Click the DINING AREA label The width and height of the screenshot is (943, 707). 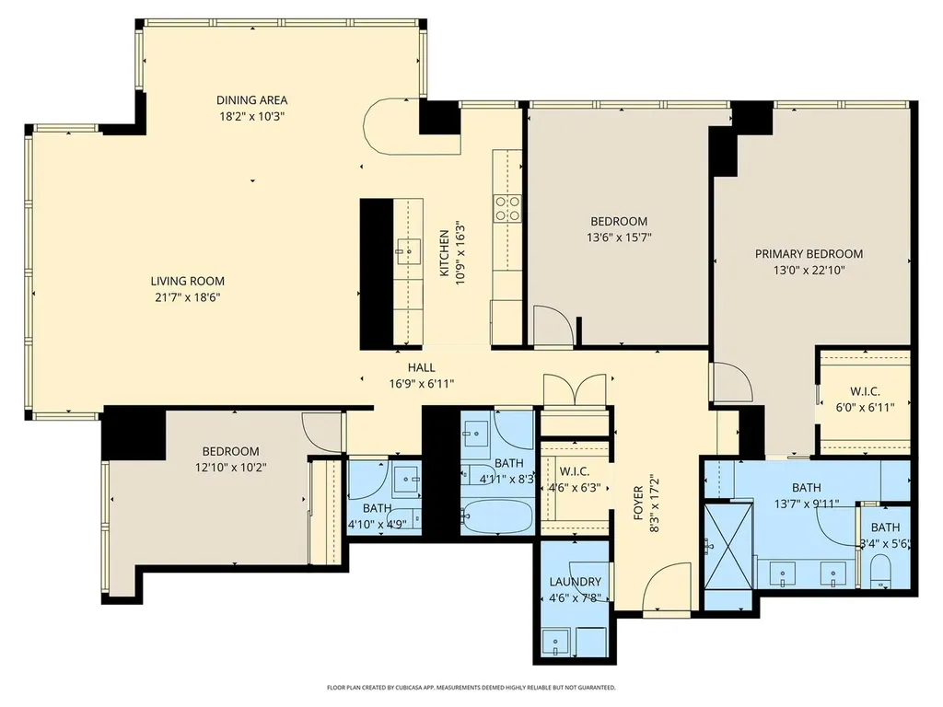tap(251, 99)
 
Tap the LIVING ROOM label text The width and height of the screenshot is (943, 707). tap(188, 281)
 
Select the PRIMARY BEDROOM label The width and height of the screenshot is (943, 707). tap(809, 254)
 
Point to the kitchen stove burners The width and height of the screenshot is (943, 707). tap(507, 209)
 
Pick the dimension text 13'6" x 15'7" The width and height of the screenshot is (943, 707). tap(619, 238)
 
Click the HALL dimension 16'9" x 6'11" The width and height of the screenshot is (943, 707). tap(421, 384)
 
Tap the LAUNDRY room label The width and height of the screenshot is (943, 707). tap(575, 582)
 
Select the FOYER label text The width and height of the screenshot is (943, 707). tap(639, 503)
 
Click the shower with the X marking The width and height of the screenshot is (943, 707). tap(728, 547)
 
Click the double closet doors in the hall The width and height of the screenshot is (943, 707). tap(575, 389)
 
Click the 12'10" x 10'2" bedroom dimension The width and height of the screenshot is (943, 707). tap(231, 467)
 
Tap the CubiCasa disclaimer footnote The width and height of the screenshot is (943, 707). tap(471, 687)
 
